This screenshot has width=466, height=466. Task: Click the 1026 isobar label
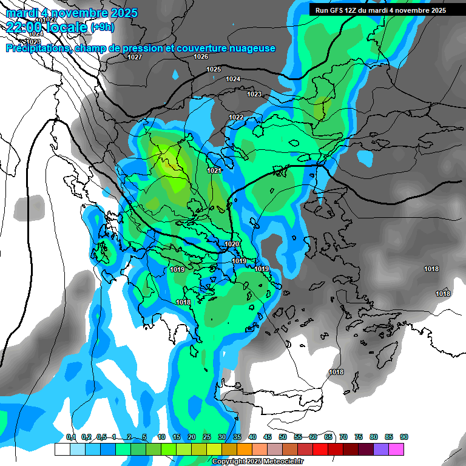201,56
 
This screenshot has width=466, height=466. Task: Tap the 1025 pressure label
214,70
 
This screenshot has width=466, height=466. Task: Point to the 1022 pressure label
236,117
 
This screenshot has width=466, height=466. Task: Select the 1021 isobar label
214,171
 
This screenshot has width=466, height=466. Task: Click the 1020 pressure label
232,244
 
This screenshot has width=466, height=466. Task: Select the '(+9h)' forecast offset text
101,27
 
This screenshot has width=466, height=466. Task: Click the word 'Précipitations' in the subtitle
38,48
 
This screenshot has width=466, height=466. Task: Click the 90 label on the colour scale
404,437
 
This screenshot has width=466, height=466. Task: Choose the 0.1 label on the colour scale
71,437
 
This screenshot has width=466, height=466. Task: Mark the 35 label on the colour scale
237,437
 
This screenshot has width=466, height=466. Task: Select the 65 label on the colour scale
328,437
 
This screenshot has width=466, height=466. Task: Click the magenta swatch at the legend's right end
396,449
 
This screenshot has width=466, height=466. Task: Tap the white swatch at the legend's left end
62,449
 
